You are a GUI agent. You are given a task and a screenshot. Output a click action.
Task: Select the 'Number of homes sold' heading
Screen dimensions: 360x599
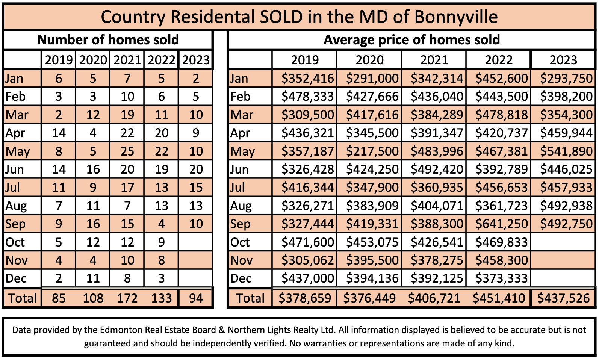point(108,40)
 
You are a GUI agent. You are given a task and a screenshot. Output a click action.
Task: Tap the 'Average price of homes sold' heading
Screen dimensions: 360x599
point(411,40)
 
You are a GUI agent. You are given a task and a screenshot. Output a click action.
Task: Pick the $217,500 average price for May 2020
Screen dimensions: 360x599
point(372,151)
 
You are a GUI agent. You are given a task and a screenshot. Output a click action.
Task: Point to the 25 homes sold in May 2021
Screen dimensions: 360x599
point(127,151)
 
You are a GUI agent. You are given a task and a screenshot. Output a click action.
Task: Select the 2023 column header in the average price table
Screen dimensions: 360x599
point(563,60)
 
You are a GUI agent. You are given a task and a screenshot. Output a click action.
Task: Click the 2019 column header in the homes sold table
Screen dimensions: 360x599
point(59,60)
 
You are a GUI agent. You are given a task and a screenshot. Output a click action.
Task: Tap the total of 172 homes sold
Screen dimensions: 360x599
point(127,298)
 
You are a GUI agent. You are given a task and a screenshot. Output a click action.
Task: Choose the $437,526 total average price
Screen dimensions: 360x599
point(563,298)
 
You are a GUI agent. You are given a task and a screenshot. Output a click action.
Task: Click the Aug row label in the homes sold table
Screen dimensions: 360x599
point(16,206)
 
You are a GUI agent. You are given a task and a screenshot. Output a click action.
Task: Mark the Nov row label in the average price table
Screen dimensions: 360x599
point(242,260)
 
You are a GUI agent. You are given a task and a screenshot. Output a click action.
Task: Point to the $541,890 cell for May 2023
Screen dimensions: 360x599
point(566,151)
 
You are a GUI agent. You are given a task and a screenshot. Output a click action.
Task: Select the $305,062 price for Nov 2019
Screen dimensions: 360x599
point(307,260)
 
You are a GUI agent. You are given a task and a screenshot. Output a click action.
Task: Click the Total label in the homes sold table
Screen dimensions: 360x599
point(23,298)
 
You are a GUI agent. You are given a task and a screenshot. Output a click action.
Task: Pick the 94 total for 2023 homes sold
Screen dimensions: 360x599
point(196,298)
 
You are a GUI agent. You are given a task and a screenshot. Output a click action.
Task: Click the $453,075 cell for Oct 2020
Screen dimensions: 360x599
point(372,242)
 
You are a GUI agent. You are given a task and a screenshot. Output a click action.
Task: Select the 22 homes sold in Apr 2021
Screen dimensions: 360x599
point(127,133)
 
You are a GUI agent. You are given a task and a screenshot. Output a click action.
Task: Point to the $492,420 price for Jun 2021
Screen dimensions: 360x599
point(437,169)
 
